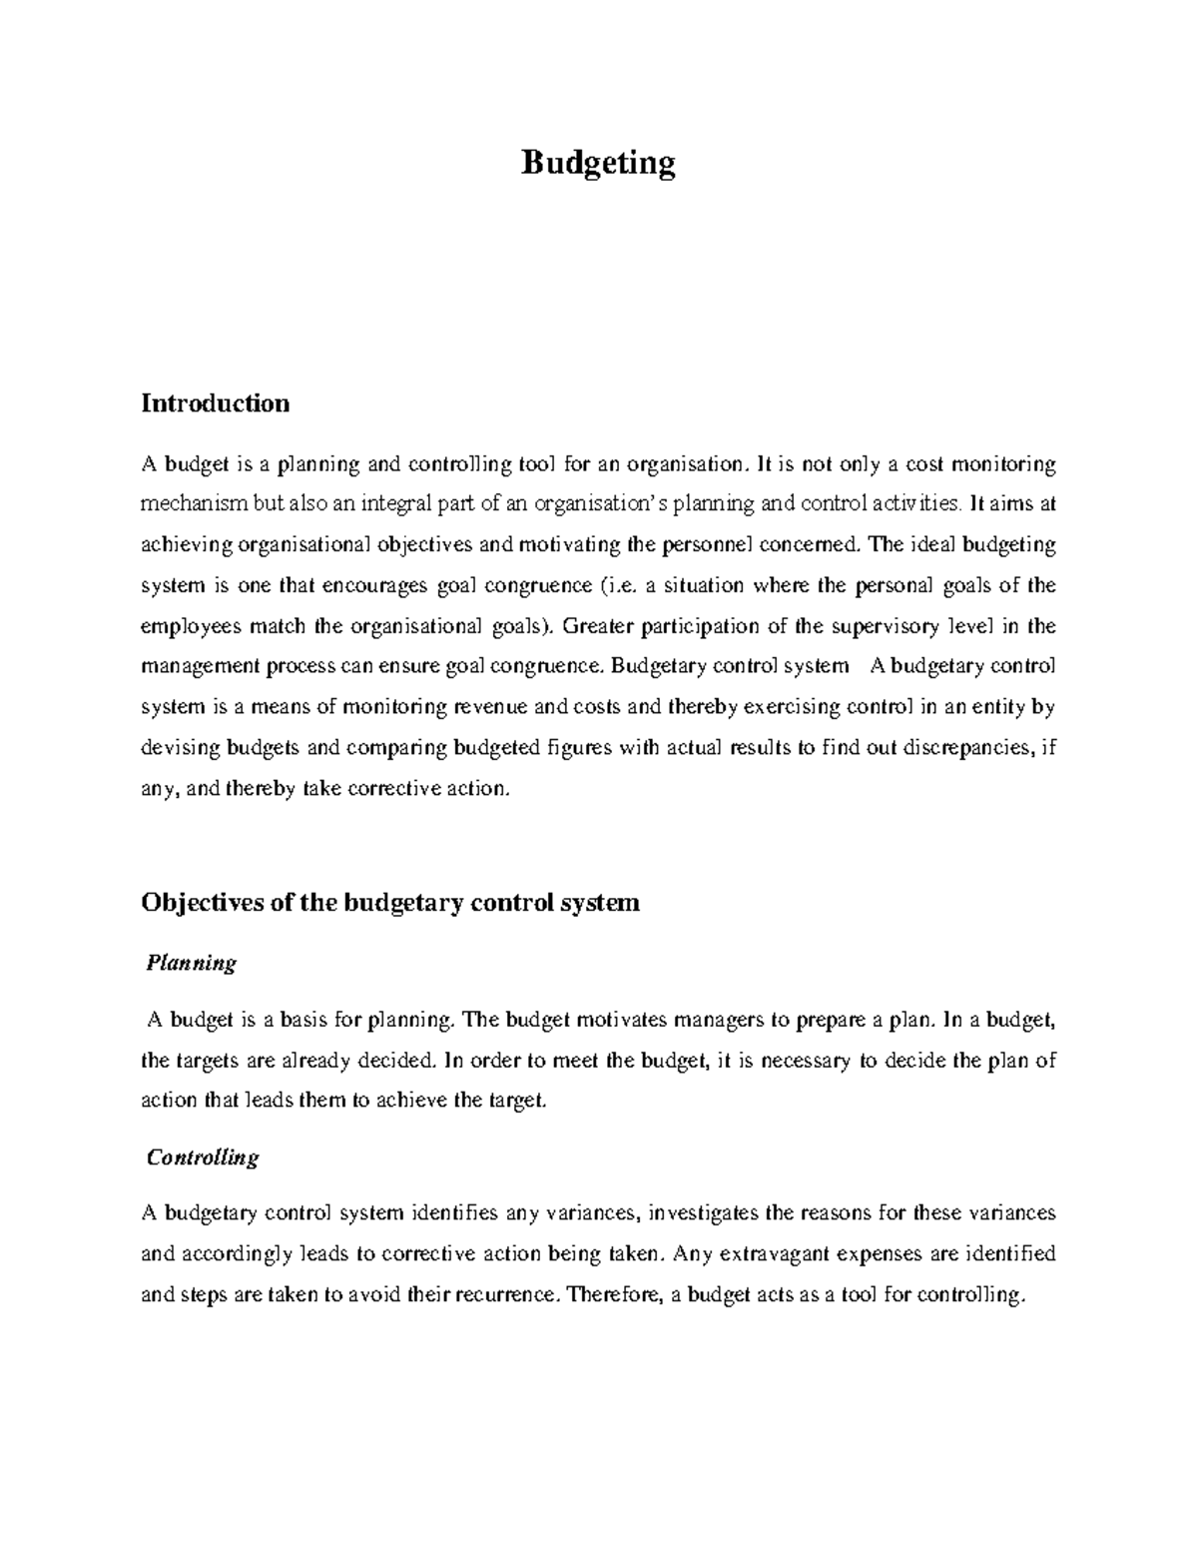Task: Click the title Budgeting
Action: [598, 162]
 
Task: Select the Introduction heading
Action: [215, 402]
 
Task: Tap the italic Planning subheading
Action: [191, 963]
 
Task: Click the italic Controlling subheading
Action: [202, 1157]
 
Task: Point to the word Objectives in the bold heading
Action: [201, 903]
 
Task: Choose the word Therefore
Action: [611, 1295]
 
